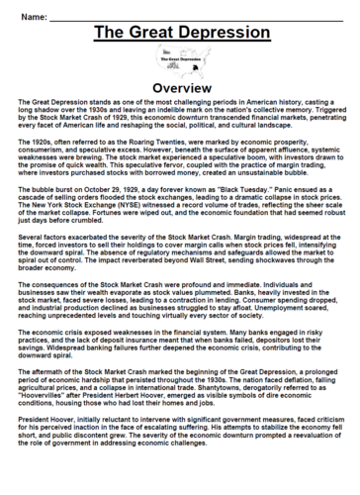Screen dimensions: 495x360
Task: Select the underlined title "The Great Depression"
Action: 180,37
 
